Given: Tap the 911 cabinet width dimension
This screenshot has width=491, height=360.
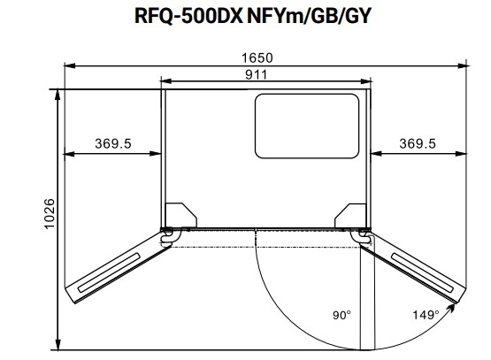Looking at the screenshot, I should point(264,74).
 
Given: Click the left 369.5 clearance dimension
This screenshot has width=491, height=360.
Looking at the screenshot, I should point(111,143).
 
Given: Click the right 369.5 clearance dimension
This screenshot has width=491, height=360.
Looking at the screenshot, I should point(417,143).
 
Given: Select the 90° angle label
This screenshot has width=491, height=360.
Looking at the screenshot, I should point(342,315).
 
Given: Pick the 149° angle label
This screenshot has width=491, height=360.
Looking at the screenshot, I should point(426,315).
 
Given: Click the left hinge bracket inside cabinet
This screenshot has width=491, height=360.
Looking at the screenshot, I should point(180,215).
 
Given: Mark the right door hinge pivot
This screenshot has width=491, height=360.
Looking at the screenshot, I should point(364,234).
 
